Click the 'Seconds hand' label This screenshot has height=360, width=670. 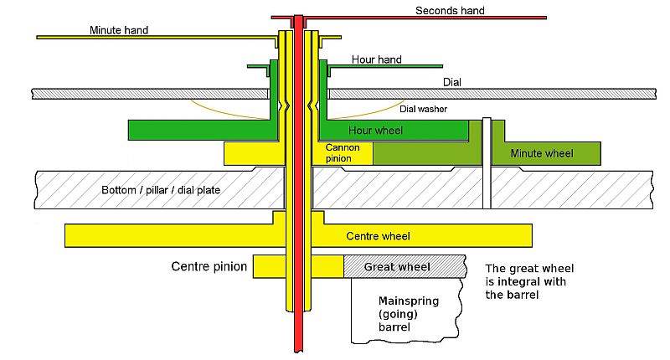click(x=450, y=11)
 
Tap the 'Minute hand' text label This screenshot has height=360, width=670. click(x=119, y=30)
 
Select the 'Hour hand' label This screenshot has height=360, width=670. click(x=376, y=59)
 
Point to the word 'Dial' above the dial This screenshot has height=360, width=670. click(x=452, y=82)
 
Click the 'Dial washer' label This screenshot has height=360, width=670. click(x=424, y=109)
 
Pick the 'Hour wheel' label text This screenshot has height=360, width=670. click(x=375, y=131)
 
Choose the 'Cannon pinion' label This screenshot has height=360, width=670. click(x=343, y=153)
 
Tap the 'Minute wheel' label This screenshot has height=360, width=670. click(x=542, y=153)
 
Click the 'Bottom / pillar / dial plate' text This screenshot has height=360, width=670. click(x=161, y=190)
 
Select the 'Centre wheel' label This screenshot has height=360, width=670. click(x=379, y=236)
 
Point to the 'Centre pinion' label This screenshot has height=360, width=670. click(x=209, y=266)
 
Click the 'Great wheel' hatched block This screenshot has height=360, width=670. click(x=405, y=266)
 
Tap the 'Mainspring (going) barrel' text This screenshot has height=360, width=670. click(x=409, y=314)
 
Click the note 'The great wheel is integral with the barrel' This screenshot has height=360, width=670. click(x=529, y=281)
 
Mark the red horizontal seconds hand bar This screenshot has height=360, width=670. click(x=409, y=18)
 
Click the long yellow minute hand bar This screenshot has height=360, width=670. click(x=157, y=37)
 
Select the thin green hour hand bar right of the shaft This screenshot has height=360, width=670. click(x=385, y=66)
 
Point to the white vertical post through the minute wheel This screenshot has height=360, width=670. click(x=487, y=163)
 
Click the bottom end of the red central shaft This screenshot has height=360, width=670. click(x=298, y=352)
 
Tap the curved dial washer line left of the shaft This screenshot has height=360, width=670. click(x=226, y=113)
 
